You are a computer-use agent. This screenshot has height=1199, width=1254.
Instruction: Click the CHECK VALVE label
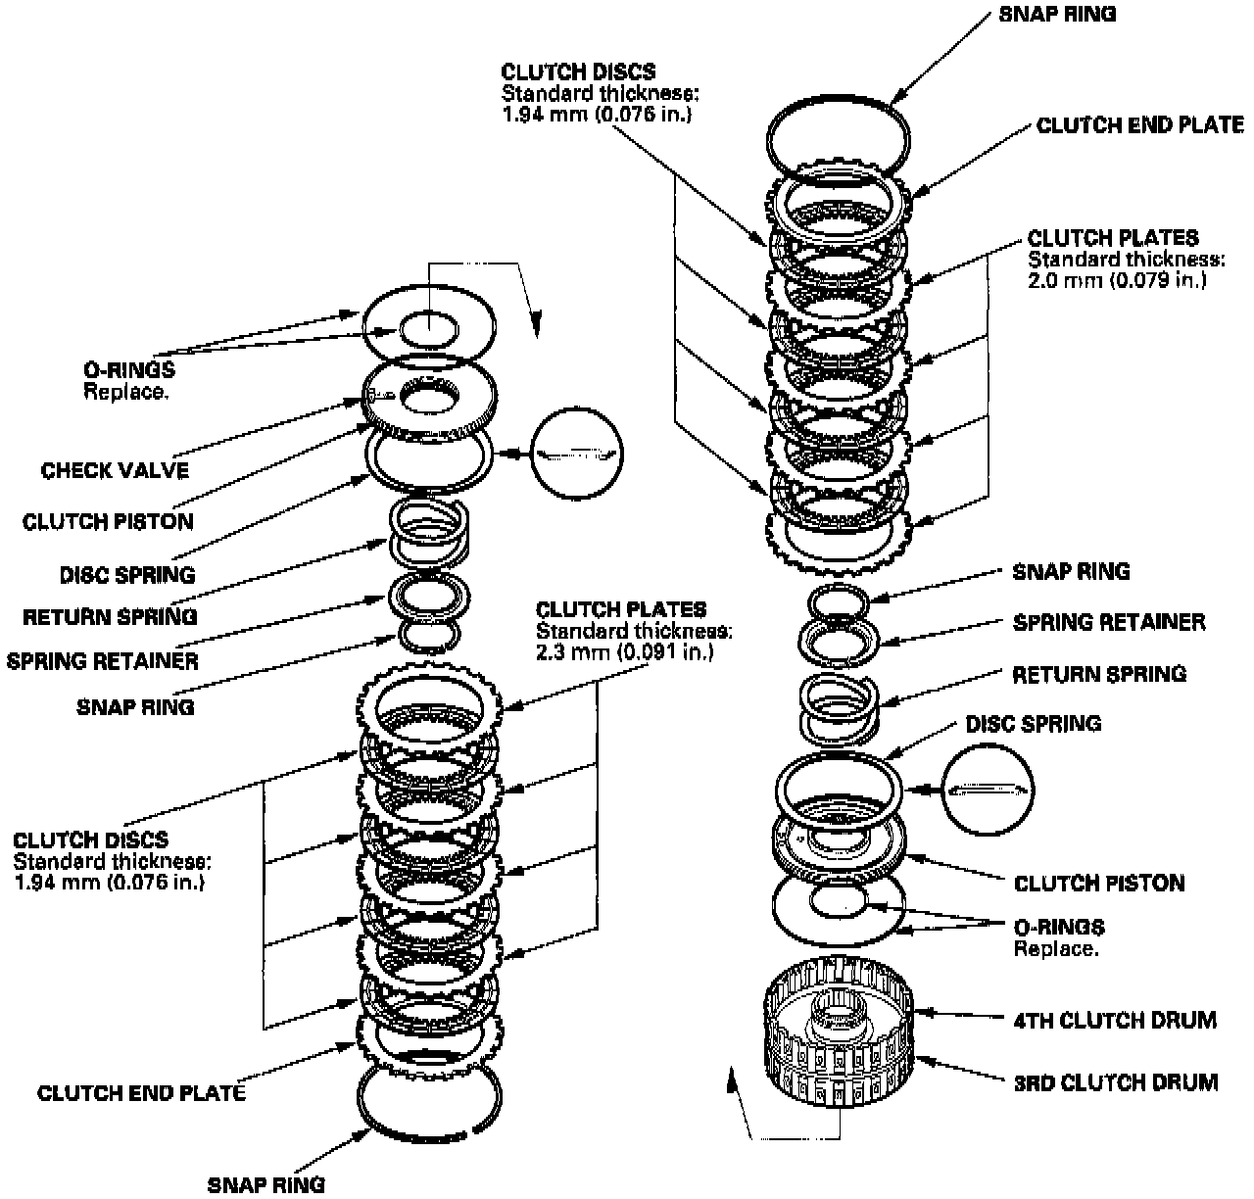115,471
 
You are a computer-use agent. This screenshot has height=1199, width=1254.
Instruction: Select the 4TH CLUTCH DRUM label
1115,1021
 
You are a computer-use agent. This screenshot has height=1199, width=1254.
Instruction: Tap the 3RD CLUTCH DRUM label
1116,1082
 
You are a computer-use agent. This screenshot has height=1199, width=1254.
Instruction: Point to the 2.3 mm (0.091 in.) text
624,651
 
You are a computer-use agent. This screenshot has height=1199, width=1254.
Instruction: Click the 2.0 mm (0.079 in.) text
1116,280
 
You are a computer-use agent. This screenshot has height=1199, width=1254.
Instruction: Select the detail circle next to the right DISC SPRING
987,790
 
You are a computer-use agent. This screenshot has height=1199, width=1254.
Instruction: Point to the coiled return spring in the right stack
839,706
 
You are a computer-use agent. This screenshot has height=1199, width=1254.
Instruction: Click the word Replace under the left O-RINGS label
125,392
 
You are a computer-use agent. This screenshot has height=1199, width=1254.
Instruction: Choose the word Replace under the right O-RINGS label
1055,949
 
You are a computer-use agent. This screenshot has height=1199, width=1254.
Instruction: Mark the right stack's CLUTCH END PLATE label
1139,125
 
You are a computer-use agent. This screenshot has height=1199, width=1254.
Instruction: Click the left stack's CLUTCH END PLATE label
141,1092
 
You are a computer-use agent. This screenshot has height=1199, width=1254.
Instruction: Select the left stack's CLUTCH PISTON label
108,521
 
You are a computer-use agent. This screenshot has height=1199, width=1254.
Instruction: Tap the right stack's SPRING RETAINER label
1109,622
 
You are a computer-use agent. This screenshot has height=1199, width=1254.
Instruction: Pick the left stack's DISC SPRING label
127,574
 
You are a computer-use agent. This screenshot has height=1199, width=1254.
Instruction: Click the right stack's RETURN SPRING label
1099,674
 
